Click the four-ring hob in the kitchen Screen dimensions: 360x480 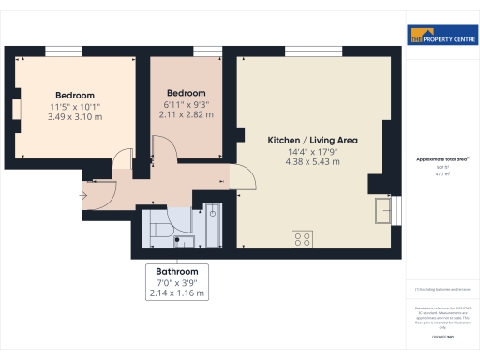tap(303, 238)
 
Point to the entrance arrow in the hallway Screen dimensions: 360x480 tap(85, 196)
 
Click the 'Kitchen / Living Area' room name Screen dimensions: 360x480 tap(313, 140)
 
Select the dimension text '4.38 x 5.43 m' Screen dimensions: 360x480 tap(313, 161)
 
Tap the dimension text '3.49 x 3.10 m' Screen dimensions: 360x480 tap(75, 116)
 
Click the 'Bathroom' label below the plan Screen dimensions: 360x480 tap(177, 272)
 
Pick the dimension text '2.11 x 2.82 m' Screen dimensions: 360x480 tap(187, 114)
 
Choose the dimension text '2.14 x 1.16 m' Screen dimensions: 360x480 tap(177, 293)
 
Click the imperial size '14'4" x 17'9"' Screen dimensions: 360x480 tap(313, 151)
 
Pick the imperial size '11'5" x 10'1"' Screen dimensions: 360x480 tap(75, 106)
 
